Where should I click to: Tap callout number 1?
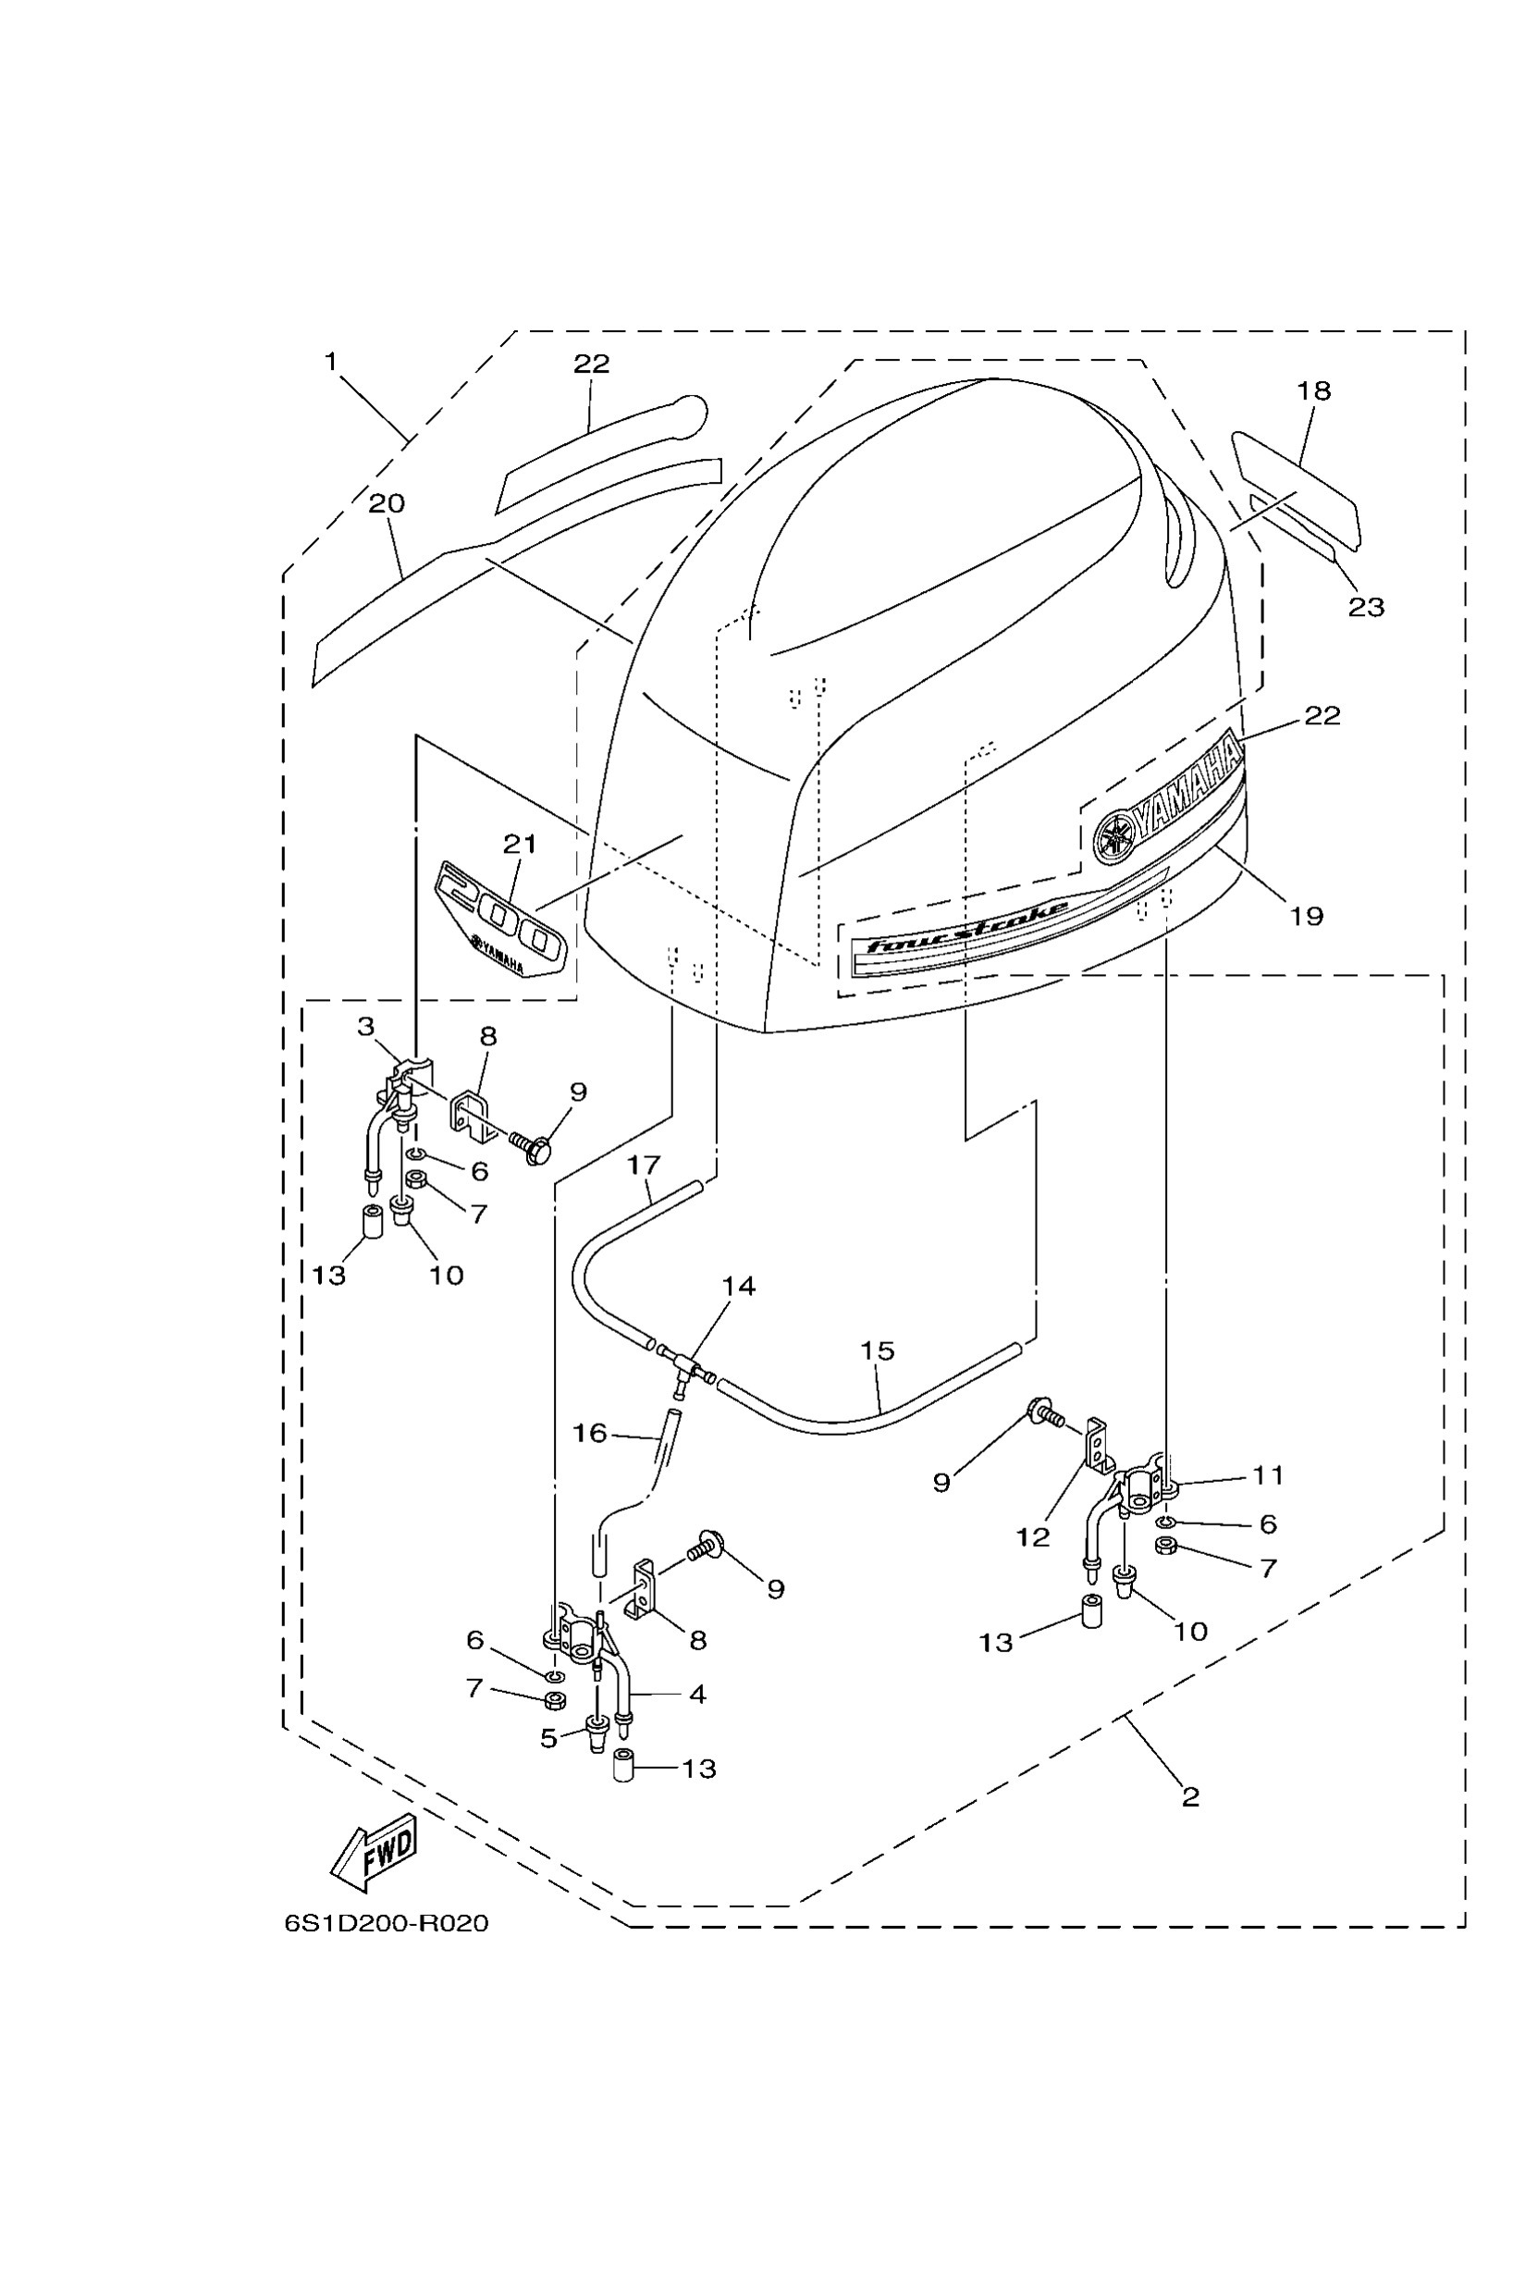[x=331, y=362]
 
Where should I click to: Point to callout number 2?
[x=1191, y=1797]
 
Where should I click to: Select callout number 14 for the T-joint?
[x=738, y=1286]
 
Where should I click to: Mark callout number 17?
[x=643, y=1165]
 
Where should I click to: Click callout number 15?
[x=877, y=1351]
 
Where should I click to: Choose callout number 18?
[x=1313, y=391]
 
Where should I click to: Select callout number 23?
[x=1366, y=607]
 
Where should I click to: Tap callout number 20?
[x=387, y=504]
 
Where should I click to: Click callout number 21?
[x=520, y=844]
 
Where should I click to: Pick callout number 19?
[x=1307, y=916]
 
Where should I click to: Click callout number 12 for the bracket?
[x=1032, y=1537]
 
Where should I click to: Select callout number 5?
[x=548, y=1737]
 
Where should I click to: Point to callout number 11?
[x=1267, y=1475]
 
